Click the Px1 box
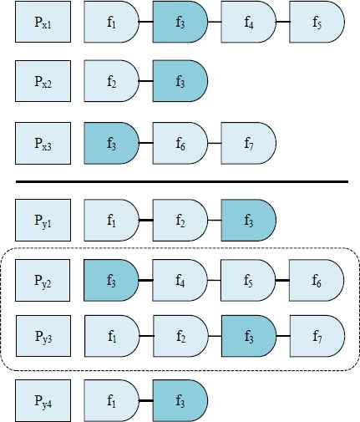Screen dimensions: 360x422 [43, 22]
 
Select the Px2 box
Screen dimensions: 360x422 [43, 81]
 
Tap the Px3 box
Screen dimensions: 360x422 [43, 143]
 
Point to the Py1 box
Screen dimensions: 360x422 [43, 220]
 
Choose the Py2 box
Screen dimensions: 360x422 [43, 280]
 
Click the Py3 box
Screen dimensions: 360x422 [43, 336]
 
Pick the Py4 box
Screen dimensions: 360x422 [43, 400]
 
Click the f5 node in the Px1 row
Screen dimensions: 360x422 [317, 22]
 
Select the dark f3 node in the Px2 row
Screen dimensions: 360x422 [180, 81]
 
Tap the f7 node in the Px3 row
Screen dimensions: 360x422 [248, 143]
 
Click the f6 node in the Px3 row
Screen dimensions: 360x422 [180, 143]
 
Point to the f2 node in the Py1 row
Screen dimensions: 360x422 [180, 220]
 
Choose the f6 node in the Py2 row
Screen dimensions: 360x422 [317, 280]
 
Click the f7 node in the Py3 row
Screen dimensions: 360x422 [317, 336]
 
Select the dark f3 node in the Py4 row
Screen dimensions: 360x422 [180, 400]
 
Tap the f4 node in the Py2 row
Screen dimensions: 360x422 [180, 280]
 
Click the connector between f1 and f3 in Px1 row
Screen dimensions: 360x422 [145, 22]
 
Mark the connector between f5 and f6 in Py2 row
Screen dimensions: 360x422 [282, 280]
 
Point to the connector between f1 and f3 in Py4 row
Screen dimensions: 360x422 [145, 400]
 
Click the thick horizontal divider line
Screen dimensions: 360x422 [182, 182]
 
